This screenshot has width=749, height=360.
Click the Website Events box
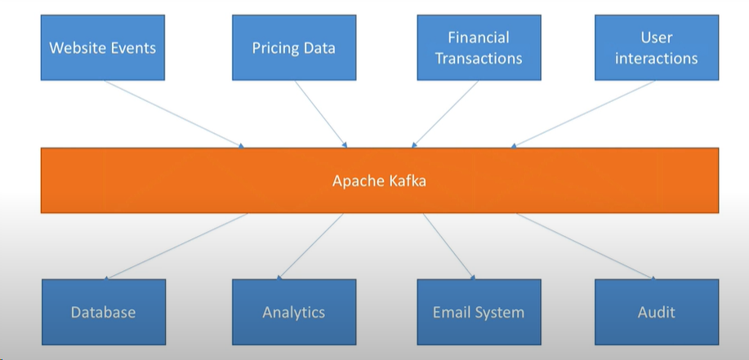click(x=103, y=47)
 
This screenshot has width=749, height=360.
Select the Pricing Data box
click(x=294, y=47)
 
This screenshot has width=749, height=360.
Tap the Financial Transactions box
click(x=479, y=47)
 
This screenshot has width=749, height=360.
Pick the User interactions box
click(x=657, y=47)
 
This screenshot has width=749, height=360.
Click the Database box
click(x=103, y=312)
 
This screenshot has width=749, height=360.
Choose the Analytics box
click(x=294, y=312)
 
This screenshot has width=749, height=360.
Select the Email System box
click(x=479, y=312)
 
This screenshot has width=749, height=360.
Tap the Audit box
click(x=657, y=312)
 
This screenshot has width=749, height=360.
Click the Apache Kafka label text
click(x=379, y=180)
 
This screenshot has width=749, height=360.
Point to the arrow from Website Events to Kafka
click(x=175, y=114)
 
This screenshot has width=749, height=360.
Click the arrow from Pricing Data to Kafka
click(x=322, y=114)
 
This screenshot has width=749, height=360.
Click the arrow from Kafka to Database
click(x=177, y=246)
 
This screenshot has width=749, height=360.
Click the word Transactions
click(x=479, y=58)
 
